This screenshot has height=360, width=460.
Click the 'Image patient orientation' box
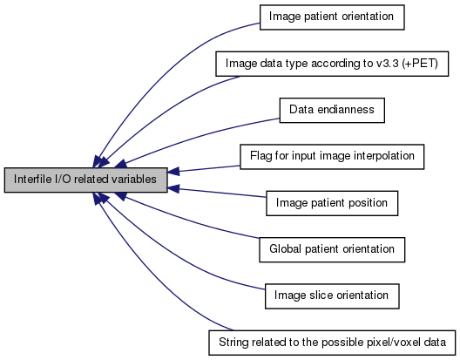click(332, 17)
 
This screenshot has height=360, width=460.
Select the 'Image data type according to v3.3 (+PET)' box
click(332, 64)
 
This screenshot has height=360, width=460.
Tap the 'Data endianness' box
click(332, 110)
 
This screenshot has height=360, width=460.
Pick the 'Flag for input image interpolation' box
click(332, 157)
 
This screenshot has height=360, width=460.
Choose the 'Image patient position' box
click(332, 203)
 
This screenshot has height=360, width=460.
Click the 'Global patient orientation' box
click(332, 249)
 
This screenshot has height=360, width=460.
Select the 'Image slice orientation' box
click(332, 296)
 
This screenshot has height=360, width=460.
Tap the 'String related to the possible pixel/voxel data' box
click(332, 343)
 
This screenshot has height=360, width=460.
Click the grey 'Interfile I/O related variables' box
click(86, 180)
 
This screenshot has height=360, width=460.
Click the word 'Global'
click(286, 249)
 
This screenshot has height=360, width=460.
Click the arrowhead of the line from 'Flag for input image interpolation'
click(173, 171)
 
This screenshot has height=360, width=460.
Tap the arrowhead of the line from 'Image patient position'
click(173, 189)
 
